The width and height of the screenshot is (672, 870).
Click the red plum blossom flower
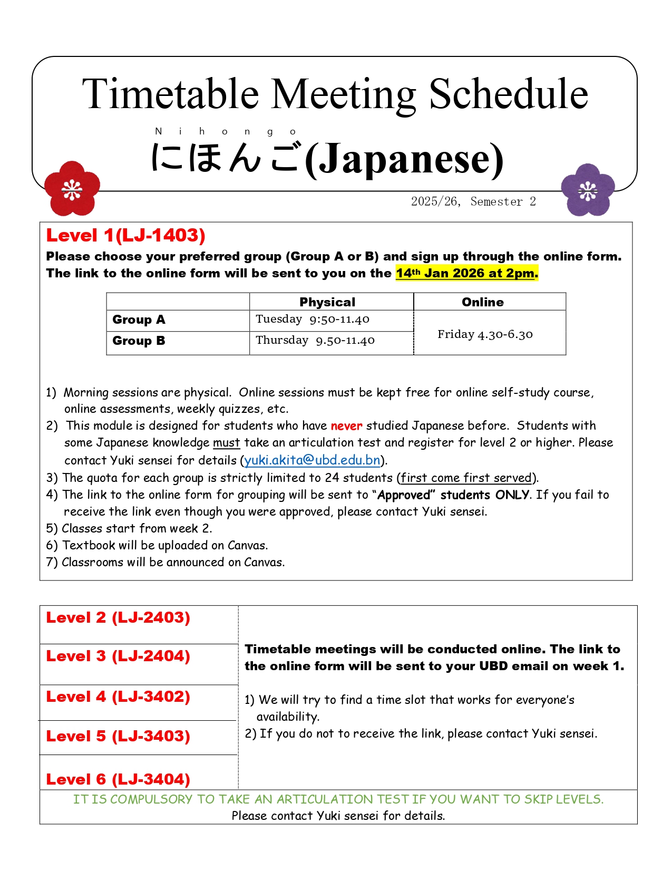pos(72,188)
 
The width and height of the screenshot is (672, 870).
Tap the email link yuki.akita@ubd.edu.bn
pos(312,460)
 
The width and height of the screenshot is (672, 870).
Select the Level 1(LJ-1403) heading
pos(125,235)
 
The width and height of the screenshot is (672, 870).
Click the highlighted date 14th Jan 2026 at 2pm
pos(467,273)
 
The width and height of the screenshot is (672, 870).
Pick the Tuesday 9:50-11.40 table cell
pos(313,319)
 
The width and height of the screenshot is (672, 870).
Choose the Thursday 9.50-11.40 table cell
pos(315,340)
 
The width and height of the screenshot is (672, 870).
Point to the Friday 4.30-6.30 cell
pos(485,334)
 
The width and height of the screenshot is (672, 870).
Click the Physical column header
pos(327,302)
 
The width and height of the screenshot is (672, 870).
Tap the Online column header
pos(483,302)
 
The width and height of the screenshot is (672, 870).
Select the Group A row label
pos(139,320)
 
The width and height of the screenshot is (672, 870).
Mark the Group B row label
pos(139,341)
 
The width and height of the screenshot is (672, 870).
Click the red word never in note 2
pos(346,426)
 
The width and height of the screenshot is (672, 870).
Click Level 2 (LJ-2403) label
pos(118,617)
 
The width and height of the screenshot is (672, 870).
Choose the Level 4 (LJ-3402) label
pos(118,697)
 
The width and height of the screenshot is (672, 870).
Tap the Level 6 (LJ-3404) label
pos(118,779)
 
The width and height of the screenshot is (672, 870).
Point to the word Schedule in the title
pos(509,94)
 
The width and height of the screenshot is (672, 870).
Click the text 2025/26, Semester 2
pos(473,201)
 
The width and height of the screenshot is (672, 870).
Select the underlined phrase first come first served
pos(466,478)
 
